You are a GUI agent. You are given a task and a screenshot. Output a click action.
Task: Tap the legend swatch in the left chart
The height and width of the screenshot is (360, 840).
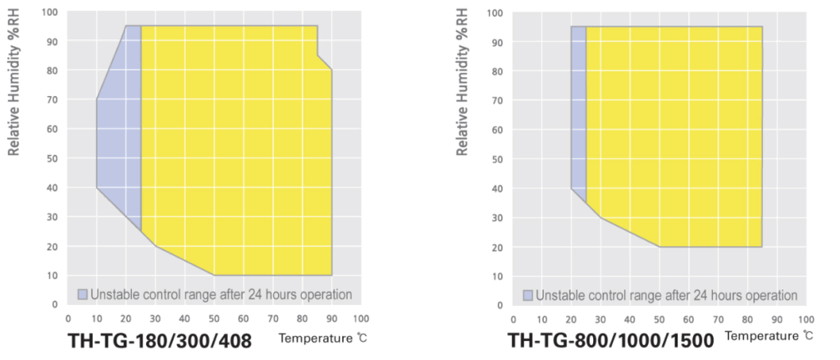coord(82,294)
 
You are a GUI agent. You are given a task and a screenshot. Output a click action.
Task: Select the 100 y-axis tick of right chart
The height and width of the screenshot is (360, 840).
coord(495,12)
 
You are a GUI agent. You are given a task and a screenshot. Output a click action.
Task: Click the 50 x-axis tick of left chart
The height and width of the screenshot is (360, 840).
coord(214,318)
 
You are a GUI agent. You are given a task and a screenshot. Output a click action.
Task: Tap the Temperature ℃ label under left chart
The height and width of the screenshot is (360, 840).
coord(314,337)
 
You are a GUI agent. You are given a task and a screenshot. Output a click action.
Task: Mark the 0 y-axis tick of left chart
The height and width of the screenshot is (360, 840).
coord(55,303)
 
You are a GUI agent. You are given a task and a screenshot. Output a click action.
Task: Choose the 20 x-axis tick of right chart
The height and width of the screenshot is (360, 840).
coord(571,318)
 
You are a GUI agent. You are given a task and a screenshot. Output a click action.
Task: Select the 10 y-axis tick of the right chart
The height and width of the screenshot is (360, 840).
coord(498,276)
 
